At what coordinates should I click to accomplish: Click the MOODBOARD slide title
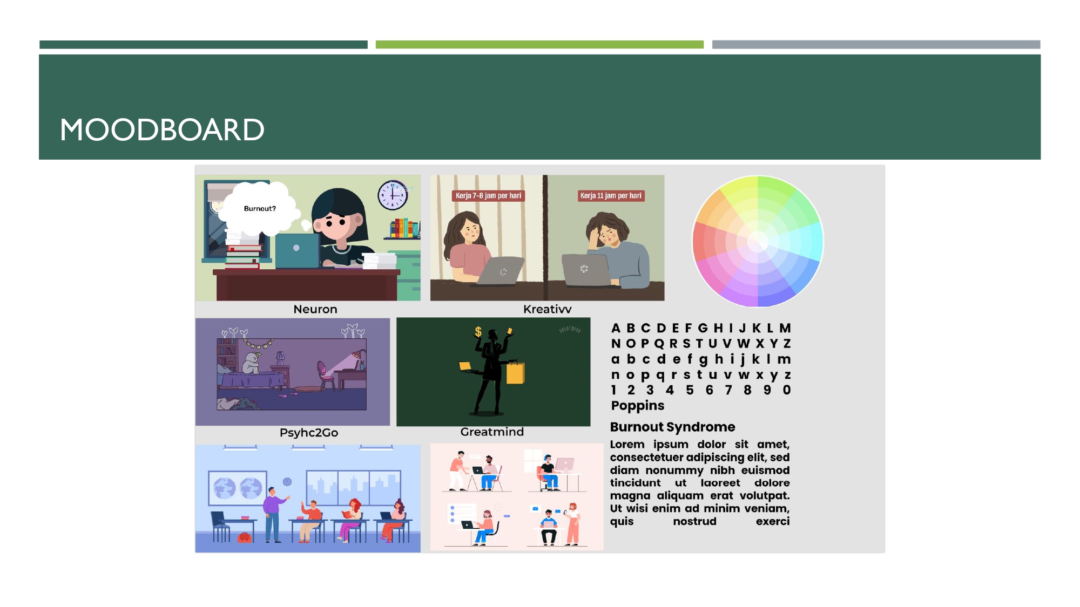coord(162,130)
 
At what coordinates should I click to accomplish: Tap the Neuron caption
coord(315,309)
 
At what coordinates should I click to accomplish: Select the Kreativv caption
coord(547,309)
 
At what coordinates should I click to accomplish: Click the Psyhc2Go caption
coord(309,433)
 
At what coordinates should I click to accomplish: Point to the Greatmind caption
coord(492,432)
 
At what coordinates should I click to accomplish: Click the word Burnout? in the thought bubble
coord(260,209)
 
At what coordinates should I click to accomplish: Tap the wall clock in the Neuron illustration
coord(393,195)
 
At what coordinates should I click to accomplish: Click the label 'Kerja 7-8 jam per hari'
coord(488,196)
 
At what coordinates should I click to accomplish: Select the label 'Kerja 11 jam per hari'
coord(611,196)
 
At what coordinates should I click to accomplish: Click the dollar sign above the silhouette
coord(478,332)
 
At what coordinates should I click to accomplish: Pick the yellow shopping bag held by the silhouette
coord(516,372)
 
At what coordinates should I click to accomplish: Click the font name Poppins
coord(638,406)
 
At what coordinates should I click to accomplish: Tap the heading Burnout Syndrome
coord(673,427)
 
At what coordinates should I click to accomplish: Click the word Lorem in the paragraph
coord(627,445)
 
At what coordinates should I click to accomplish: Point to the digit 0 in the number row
coord(787,390)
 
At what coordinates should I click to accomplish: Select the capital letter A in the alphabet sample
coord(616,328)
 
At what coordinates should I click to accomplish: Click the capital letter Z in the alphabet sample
coord(787,344)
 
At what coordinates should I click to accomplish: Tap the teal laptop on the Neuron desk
coord(298,251)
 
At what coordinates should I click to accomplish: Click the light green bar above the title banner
coord(539,45)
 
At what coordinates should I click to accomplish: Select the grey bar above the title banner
coord(876,45)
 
